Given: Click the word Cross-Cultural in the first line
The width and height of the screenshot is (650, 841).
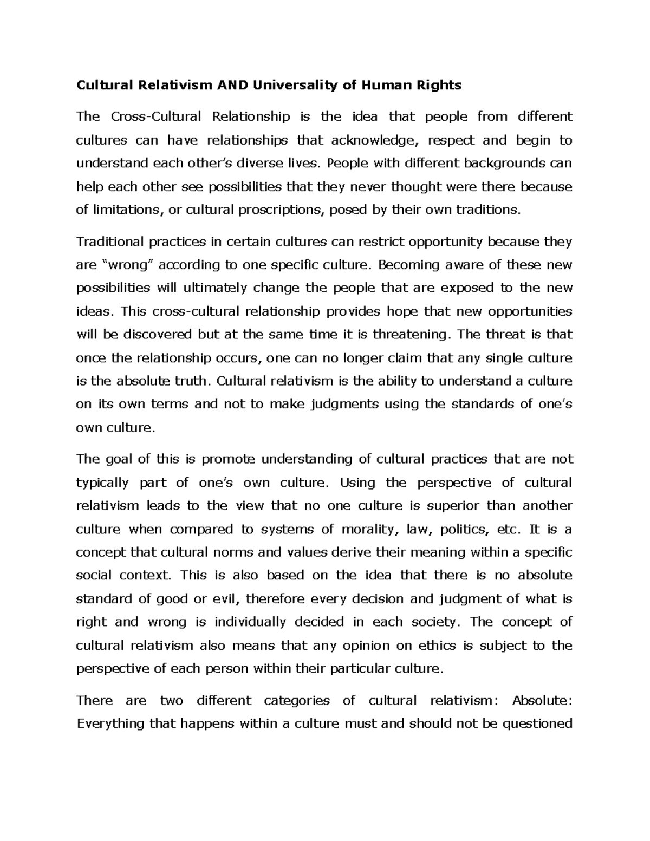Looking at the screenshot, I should pyautogui.click(x=157, y=116).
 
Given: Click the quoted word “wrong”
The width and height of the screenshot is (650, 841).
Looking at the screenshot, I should pyautogui.click(x=128, y=265).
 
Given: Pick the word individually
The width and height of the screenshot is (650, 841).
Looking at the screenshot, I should pyautogui.click(x=250, y=622).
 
